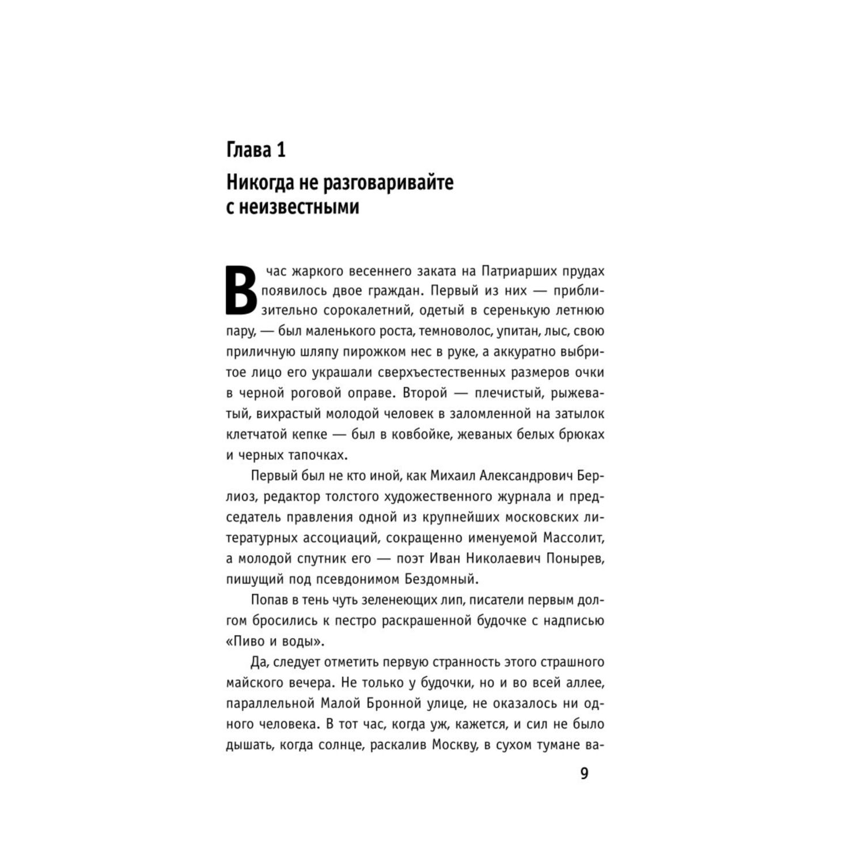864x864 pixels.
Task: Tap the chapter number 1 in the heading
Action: (x=281, y=150)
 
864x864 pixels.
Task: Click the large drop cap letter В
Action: (x=240, y=290)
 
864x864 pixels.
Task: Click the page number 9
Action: (x=584, y=774)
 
